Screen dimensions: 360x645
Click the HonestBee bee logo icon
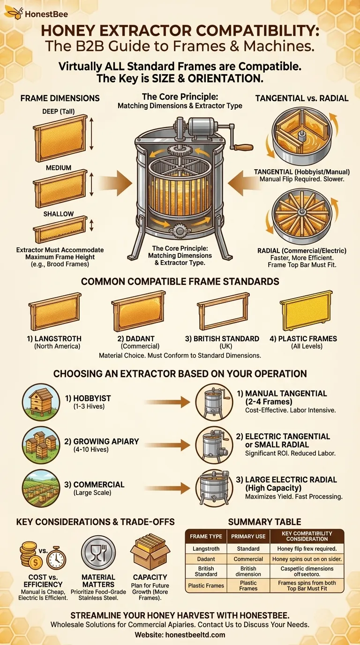[14, 13]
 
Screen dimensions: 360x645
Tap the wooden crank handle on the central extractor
[243, 147]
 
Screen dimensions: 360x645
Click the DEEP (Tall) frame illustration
[60, 138]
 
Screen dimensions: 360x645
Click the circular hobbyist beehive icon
[41, 402]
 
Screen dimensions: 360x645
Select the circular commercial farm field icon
[41, 488]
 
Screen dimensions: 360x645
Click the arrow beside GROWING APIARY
[167, 445]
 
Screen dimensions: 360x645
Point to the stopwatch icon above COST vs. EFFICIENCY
[56, 558]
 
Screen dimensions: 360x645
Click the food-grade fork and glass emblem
[98, 553]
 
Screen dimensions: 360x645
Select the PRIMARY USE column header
[248, 536]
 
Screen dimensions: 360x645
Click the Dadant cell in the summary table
[206, 559]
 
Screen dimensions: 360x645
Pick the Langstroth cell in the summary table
[206, 548]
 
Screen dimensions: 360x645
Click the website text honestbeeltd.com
[195, 634]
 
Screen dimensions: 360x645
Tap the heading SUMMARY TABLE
[264, 521]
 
